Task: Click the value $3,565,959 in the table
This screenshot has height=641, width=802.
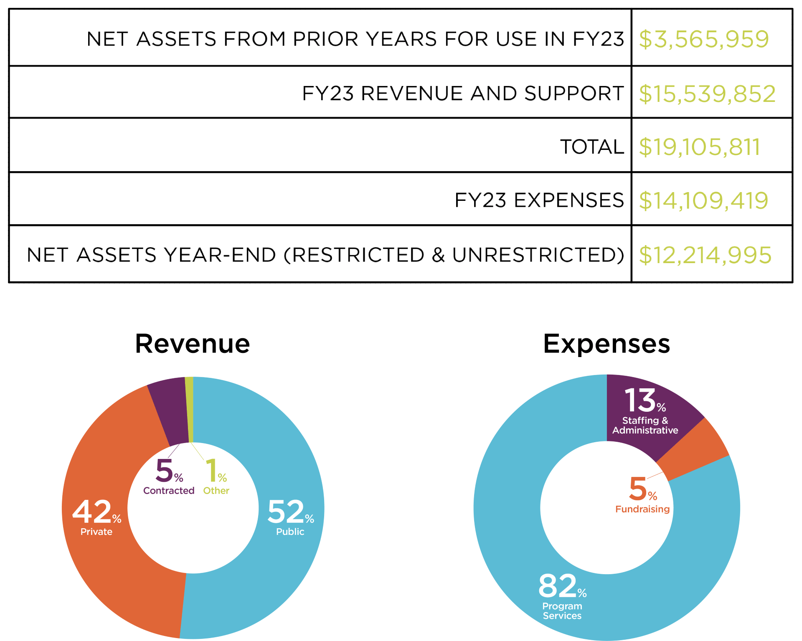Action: point(704,39)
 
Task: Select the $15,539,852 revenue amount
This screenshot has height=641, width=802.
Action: point(707,94)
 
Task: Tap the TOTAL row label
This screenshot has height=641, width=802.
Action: point(592,147)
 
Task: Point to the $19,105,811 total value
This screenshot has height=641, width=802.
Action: point(700,147)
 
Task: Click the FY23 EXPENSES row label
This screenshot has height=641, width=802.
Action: point(539,200)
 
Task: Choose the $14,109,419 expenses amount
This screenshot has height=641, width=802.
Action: point(703,200)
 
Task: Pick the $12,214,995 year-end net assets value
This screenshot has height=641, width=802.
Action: point(705,255)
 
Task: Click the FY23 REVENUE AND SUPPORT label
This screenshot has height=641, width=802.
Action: point(463,93)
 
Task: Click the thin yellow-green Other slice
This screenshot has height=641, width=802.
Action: point(189,409)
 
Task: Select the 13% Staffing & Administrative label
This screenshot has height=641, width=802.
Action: point(645,411)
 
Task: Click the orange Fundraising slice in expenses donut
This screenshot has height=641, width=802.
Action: point(693,449)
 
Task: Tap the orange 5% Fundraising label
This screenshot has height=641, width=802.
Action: point(642,495)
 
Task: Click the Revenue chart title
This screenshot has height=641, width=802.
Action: point(193,343)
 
